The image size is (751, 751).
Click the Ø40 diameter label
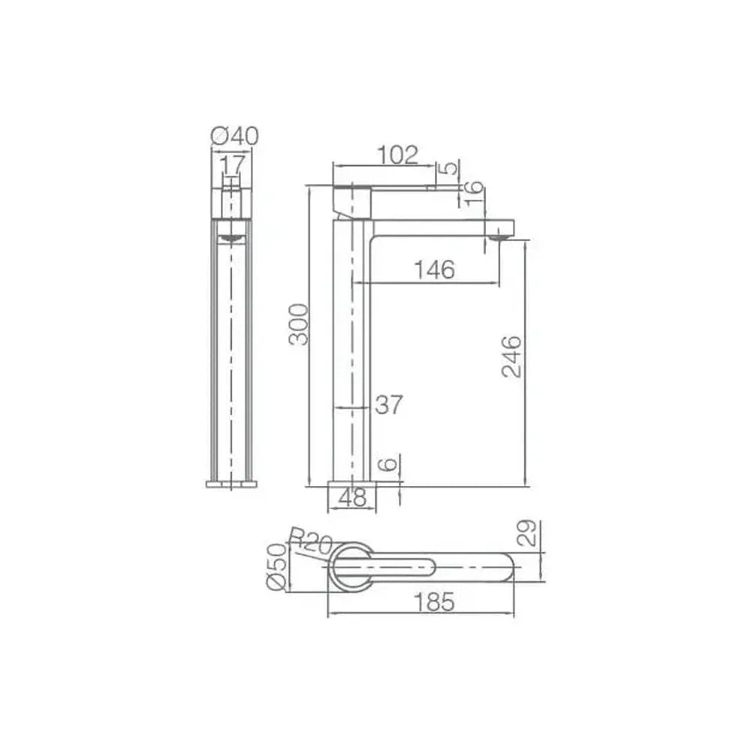[234, 136]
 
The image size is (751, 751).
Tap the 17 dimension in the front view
[232, 165]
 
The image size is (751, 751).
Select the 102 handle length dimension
[397, 155]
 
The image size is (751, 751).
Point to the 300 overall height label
[299, 324]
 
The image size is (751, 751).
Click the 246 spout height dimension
[511, 357]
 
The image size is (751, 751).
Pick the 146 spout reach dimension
[434, 270]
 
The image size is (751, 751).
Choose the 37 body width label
[389, 405]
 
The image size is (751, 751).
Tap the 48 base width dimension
[352, 498]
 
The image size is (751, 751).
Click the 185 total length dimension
[433, 602]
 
